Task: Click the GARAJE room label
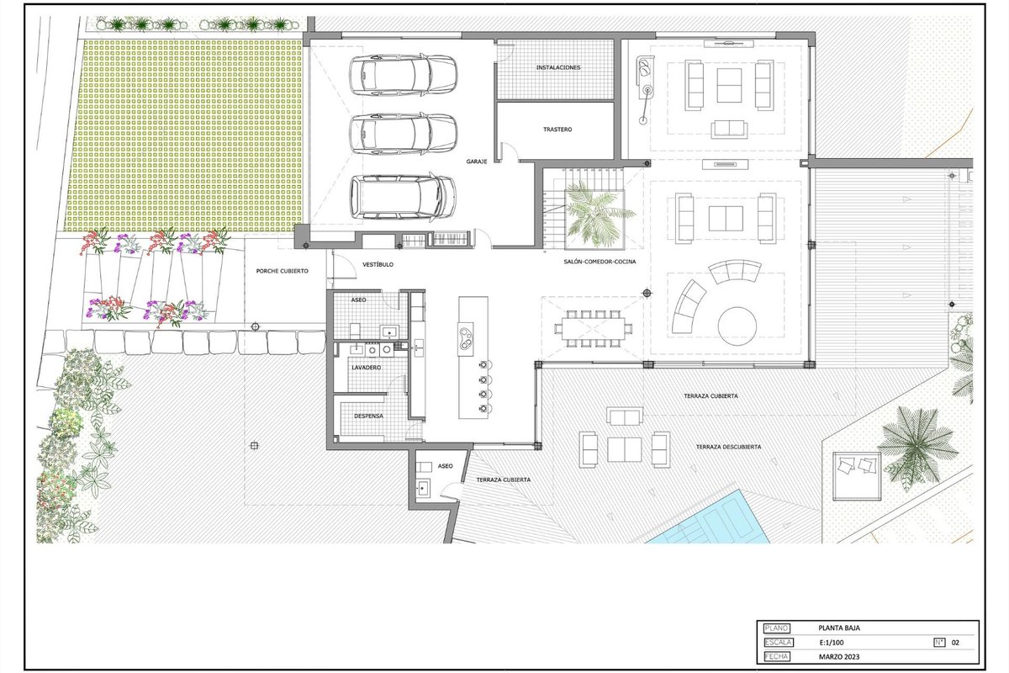coord(477,162)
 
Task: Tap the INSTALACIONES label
coord(558,67)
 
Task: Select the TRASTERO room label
coord(557,130)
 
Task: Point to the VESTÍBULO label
coord(378,265)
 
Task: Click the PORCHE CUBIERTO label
coord(282,271)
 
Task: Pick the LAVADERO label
coord(367,368)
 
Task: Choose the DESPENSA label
coord(368,416)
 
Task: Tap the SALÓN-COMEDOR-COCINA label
coord(600,262)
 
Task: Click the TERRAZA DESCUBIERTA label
coord(728,447)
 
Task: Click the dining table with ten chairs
coord(594,328)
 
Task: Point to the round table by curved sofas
coord(737,326)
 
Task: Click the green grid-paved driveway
coord(185,135)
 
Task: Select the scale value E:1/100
coord(832,643)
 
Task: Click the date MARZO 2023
coord(839,657)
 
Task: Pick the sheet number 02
coord(955,643)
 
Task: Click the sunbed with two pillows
coord(857,475)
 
